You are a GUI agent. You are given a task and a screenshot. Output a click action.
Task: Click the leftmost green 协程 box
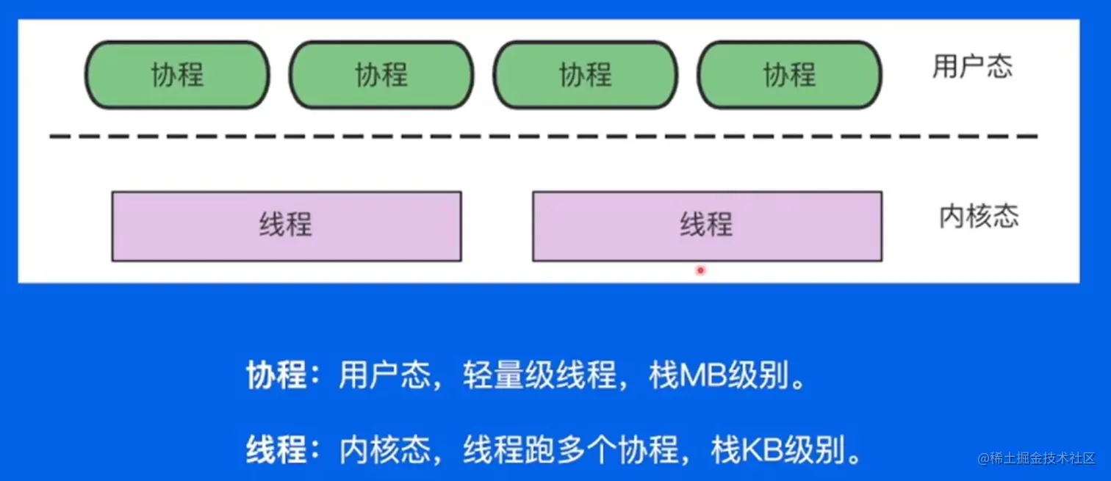pyautogui.click(x=177, y=75)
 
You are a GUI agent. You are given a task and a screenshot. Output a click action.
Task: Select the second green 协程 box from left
pyautogui.click(x=381, y=75)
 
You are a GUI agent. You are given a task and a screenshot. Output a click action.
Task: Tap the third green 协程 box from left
pyautogui.click(x=585, y=75)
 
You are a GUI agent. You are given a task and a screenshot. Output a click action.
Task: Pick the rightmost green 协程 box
pyautogui.click(x=789, y=75)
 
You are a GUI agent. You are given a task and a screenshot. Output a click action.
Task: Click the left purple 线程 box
pyautogui.click(x=287, y=226)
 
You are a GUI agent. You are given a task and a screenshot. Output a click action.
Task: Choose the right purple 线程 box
pyautogui.click(x=707, y=226)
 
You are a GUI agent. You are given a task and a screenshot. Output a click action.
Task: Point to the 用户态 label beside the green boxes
pyautogui.click(x=972, y=67)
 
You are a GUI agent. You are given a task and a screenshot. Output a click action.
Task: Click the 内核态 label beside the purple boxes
pyautogui.click(x=979, y=217)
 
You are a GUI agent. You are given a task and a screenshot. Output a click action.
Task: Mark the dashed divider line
pyautogui.click(x=544, y=137)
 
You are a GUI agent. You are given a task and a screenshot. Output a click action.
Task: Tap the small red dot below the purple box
pyautogui.click(x=700, y=270)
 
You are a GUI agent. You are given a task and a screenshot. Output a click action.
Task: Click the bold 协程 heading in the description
pyautogui.click(x=276, y=376)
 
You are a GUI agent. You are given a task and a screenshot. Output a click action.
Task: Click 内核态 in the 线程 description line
pyautogui.click(x=384, y=449)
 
